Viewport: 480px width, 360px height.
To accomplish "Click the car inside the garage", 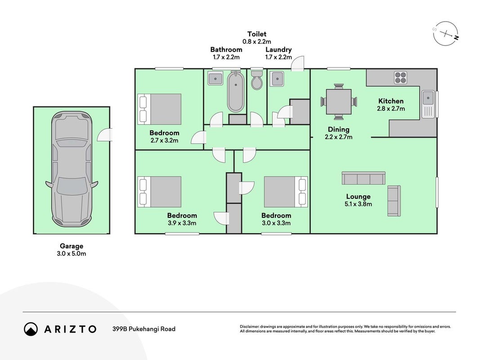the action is pos(72,169).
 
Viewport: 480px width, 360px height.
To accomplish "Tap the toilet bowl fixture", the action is pos(257,80).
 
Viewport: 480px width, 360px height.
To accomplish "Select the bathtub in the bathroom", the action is pos(236,91).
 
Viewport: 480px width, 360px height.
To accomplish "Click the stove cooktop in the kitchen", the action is pos(400,77).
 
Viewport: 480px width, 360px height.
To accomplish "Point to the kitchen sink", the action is pos(428,104).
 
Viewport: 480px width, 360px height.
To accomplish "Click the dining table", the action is pos(339,102).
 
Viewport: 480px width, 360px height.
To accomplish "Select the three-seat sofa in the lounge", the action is pos(363,178).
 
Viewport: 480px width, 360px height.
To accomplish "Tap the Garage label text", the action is pos(72,246).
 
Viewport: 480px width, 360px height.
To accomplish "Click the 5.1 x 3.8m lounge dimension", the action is pos(358,204).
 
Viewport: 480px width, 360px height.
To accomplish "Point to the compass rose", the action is pos(446,33).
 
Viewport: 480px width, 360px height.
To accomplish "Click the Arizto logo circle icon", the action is pos(31,329).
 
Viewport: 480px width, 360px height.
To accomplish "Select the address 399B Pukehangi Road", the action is pos(144,329).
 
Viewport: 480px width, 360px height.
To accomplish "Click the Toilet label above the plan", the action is pos(257,34).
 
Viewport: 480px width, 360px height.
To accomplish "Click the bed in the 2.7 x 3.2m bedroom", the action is pos(159,109).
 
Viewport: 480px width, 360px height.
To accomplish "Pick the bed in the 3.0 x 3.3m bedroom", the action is pos(286,192).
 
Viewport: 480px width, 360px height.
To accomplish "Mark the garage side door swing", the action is pos(105,135).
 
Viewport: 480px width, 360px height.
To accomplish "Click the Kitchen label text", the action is pos(391,101).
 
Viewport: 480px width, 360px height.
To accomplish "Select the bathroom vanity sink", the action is pos(215,78).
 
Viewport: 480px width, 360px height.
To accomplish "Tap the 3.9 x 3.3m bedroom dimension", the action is pos(182,223).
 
